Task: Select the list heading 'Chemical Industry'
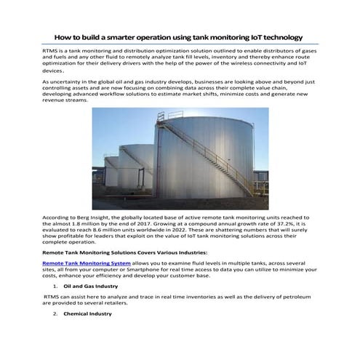88,313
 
